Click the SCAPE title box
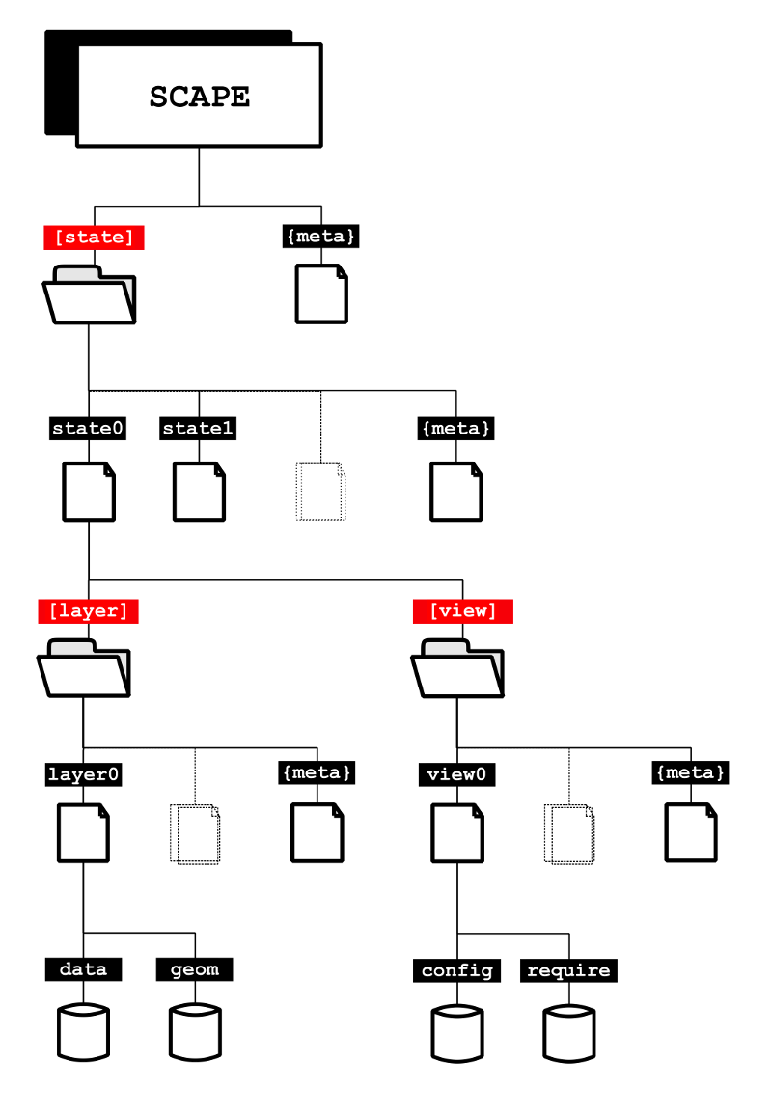199,97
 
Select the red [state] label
94,237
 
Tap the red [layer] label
88,610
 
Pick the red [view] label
462,610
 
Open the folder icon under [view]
456,668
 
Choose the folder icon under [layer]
82,668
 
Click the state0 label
88,428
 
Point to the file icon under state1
199,491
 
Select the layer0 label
84,774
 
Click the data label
83,969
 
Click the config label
457,970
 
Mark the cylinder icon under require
569,1033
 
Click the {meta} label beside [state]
321,236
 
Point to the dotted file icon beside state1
320,491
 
